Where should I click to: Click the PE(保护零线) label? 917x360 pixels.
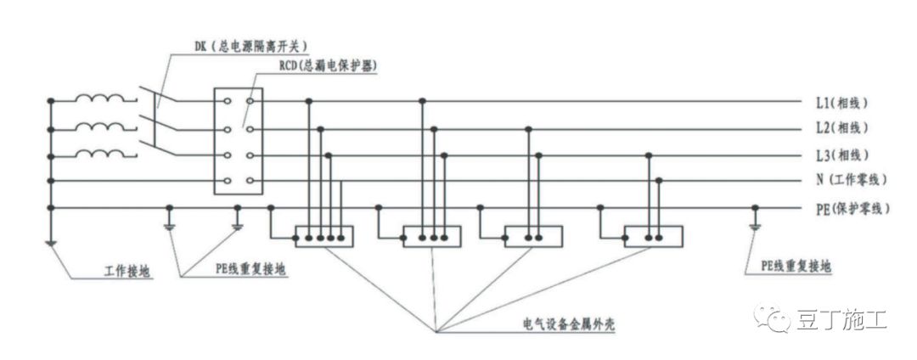coord(851,207)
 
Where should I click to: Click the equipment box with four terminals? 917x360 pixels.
coord(323,235)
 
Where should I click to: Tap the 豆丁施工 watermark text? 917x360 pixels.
coord(841,321)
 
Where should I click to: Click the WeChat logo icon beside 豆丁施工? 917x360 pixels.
coord(778,320)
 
